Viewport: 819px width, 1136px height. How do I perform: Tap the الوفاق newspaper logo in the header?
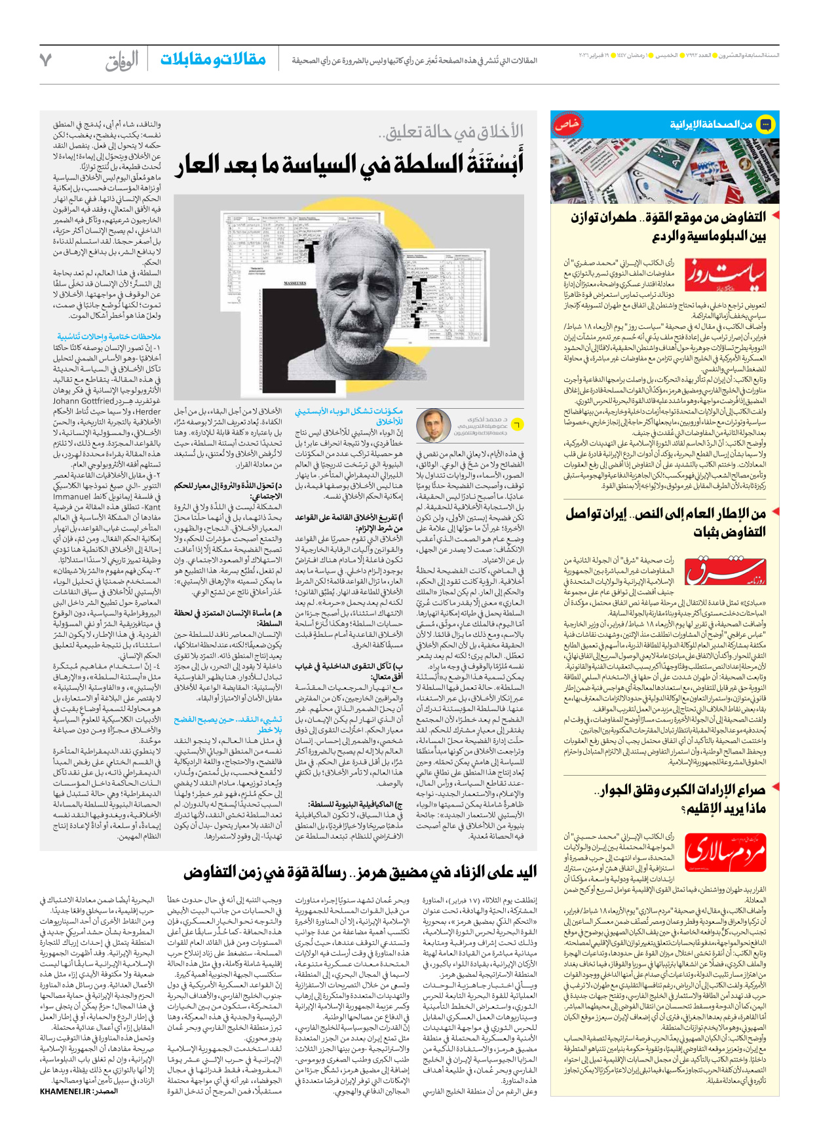pyautogui.click(x=122, y=61)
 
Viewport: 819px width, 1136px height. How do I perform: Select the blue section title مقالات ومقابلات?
pyautogui.click(x=213, y=60)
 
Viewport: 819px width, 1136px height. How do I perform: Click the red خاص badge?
pyautogui.click(x=566, y=123)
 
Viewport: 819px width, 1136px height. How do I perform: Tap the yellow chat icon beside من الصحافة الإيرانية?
pyautogui.click(x=765, y=124)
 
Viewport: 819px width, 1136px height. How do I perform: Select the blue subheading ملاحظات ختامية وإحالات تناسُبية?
pyautogui.click(x=108, y=337)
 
